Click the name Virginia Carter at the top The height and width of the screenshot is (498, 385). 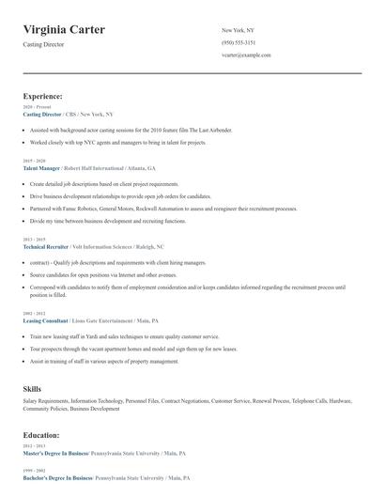[x=64, y=30]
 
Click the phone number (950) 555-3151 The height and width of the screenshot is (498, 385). [x=238, y=43]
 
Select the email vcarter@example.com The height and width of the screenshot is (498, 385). [x=246, y=55]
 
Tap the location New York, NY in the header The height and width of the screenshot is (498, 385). [x=238, y=31]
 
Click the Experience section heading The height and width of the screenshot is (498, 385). [x=43, y=96]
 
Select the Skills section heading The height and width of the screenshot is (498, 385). [x=32, y=388]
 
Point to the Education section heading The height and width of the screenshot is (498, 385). [x=42, y=436]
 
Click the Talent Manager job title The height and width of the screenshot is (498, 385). [x=43, y=168]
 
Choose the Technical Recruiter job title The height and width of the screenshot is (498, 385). [x=48, y=246]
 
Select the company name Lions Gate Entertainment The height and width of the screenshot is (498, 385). [x=112, y=320]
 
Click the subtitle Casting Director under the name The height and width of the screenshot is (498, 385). [x=44, y=44]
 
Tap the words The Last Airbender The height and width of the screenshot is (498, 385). [x=208, y=129]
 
